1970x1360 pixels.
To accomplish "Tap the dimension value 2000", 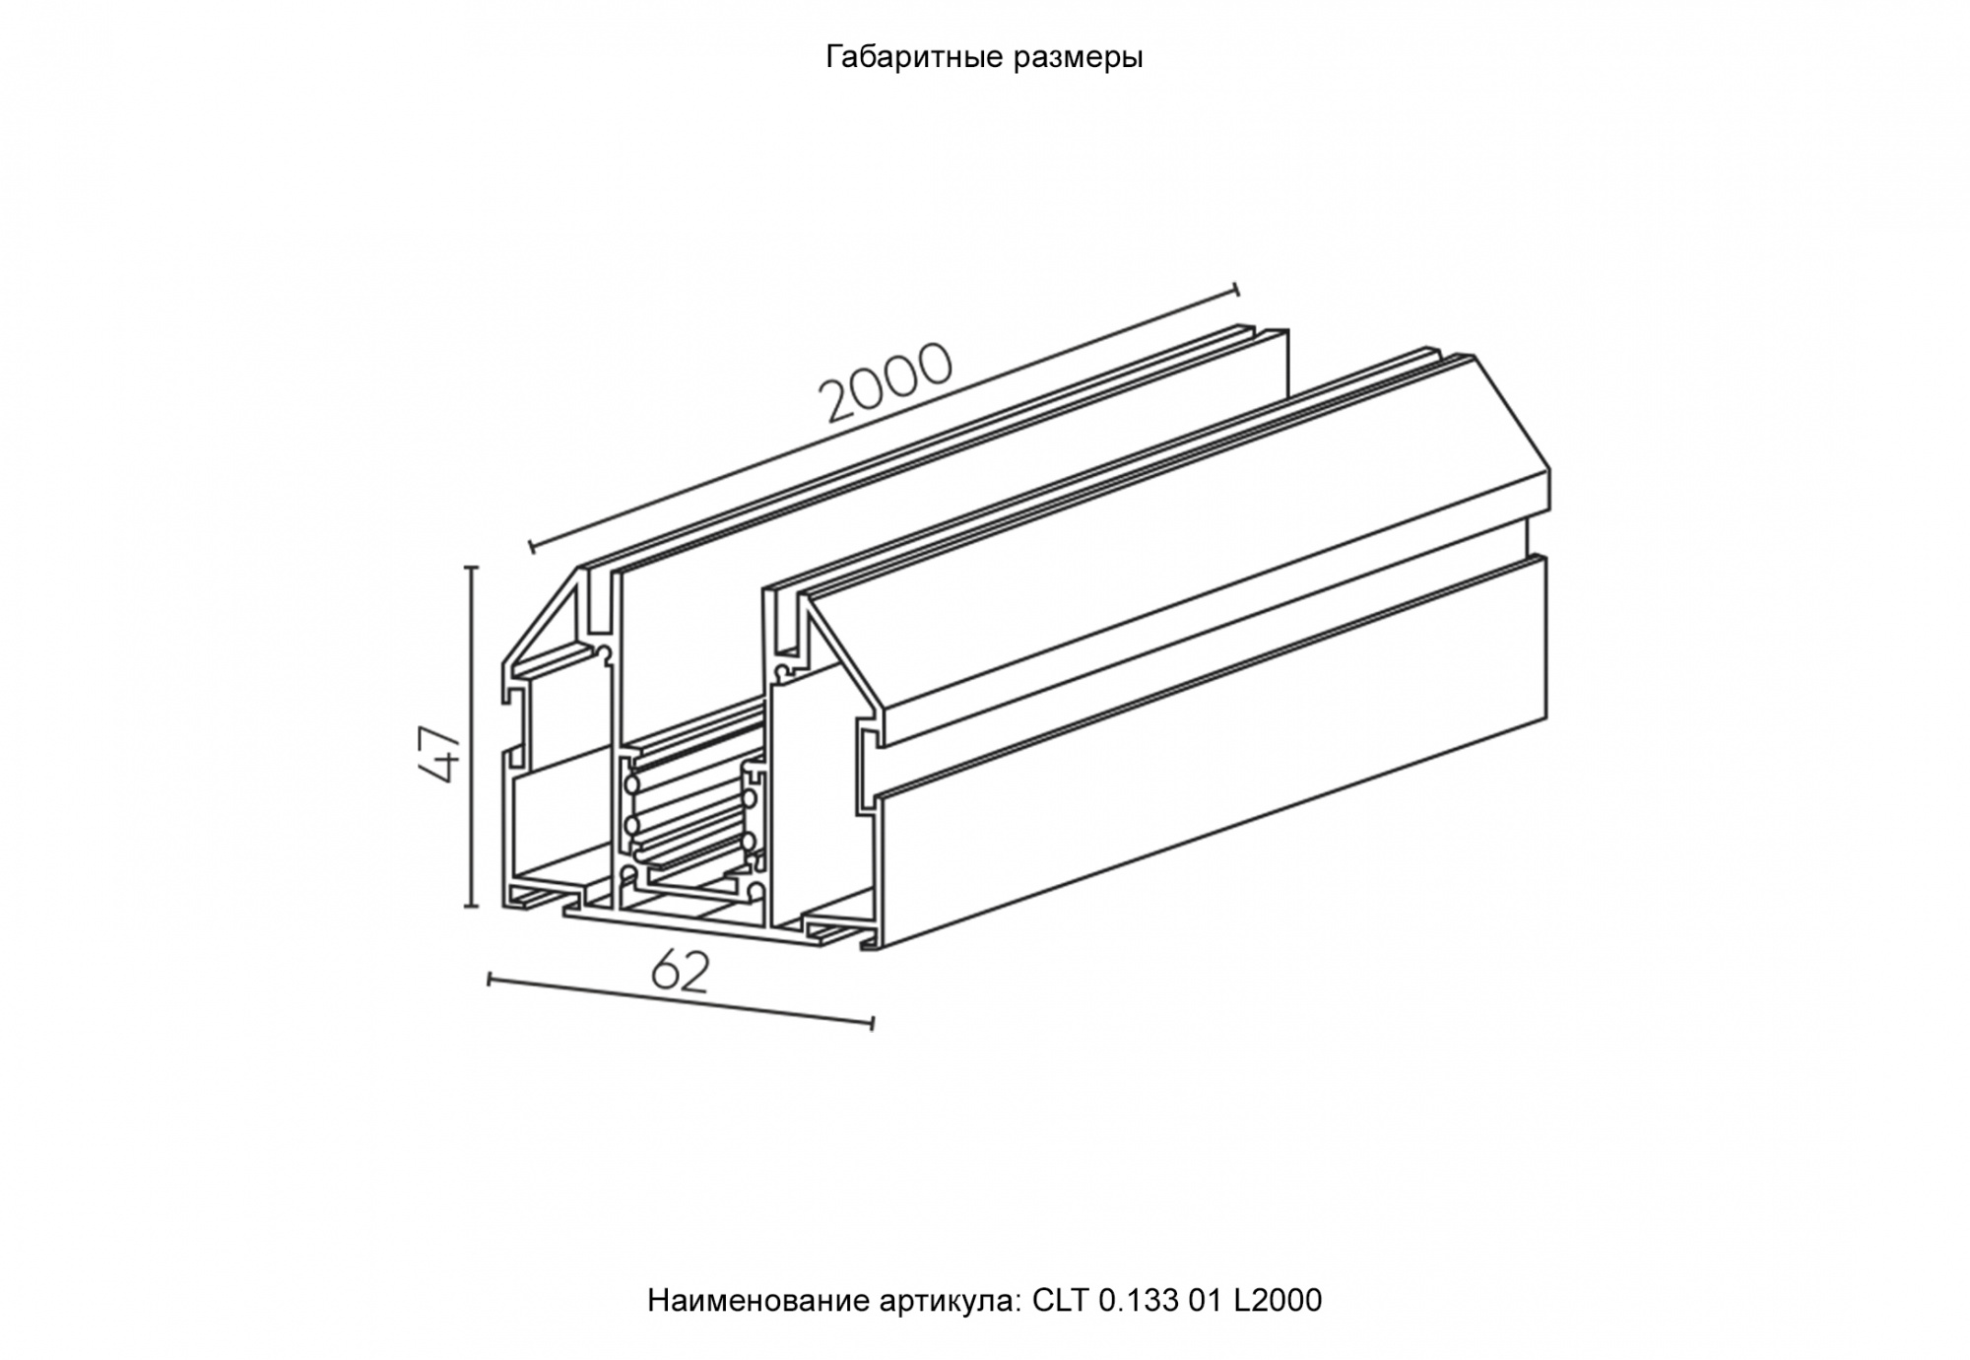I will click(x=886, y=382).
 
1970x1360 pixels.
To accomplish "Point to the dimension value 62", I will click(x=680, y=974).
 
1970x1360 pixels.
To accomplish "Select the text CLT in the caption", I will click(x=1060, y=1301).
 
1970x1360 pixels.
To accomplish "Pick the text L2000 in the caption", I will click(x=1278, y=1301).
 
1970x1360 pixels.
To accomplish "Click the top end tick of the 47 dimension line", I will click(x=471, y=569).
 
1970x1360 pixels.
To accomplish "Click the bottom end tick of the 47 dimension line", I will click(x=471, y=906).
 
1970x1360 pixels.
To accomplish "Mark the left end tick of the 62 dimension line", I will click(x=490, y=979).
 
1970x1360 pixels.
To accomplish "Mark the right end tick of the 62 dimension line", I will click(x=872, y=1024).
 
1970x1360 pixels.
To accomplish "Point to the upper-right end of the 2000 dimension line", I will click(x=1236, y=290).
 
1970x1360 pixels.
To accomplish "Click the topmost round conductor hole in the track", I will click(x=629, y=785).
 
